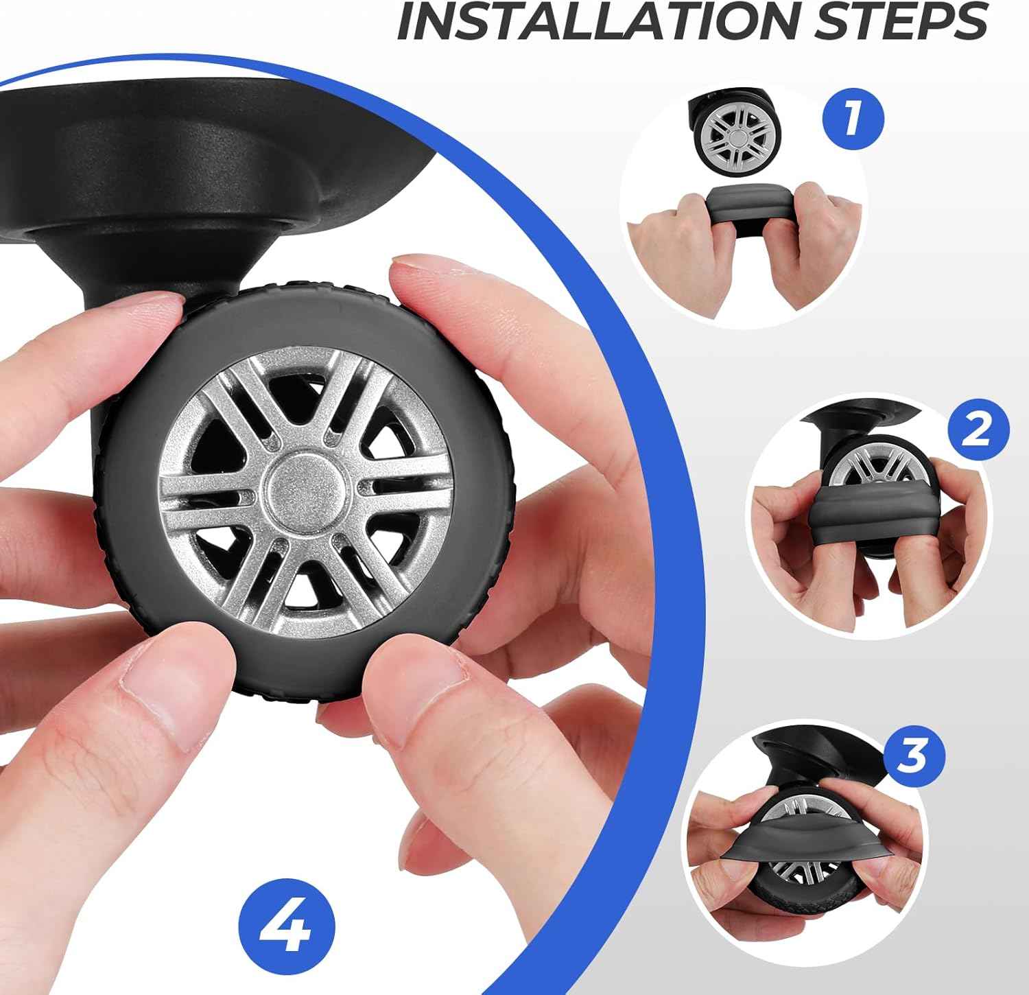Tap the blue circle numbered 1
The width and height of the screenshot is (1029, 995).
click(853, 119)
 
